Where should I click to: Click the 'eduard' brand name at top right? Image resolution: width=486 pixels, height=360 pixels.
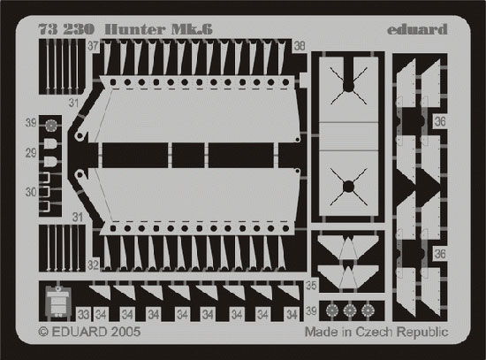(417, 29)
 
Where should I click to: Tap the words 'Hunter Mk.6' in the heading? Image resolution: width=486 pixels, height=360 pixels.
(159, 29)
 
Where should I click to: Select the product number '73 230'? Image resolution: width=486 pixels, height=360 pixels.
(66, 29)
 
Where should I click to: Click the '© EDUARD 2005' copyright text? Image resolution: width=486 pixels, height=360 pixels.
(89, 332)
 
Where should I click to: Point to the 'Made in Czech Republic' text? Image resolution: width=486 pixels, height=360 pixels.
(376, 332)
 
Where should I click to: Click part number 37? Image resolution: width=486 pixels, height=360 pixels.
(93, 46)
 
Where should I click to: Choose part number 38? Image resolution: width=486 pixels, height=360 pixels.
(300, 46)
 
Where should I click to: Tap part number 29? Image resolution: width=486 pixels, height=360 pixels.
(31, 153)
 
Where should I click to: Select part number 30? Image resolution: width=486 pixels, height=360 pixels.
(31, 192)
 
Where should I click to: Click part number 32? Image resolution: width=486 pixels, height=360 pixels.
(93, 265)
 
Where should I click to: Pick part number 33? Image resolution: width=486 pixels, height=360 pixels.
(83, 315)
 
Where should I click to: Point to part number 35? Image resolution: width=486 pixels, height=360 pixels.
(312, 286)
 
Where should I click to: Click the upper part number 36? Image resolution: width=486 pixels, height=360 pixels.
(440, 121)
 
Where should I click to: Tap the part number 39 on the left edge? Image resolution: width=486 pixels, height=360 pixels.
(31, 123)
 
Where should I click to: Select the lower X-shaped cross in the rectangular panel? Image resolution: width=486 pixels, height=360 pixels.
(348, 187)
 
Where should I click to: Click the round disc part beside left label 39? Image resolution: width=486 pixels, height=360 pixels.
(50, 126)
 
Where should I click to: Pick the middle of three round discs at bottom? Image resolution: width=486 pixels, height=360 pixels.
(350, 310)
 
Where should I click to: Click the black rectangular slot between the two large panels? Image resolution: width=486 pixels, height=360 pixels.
(188, 155)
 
